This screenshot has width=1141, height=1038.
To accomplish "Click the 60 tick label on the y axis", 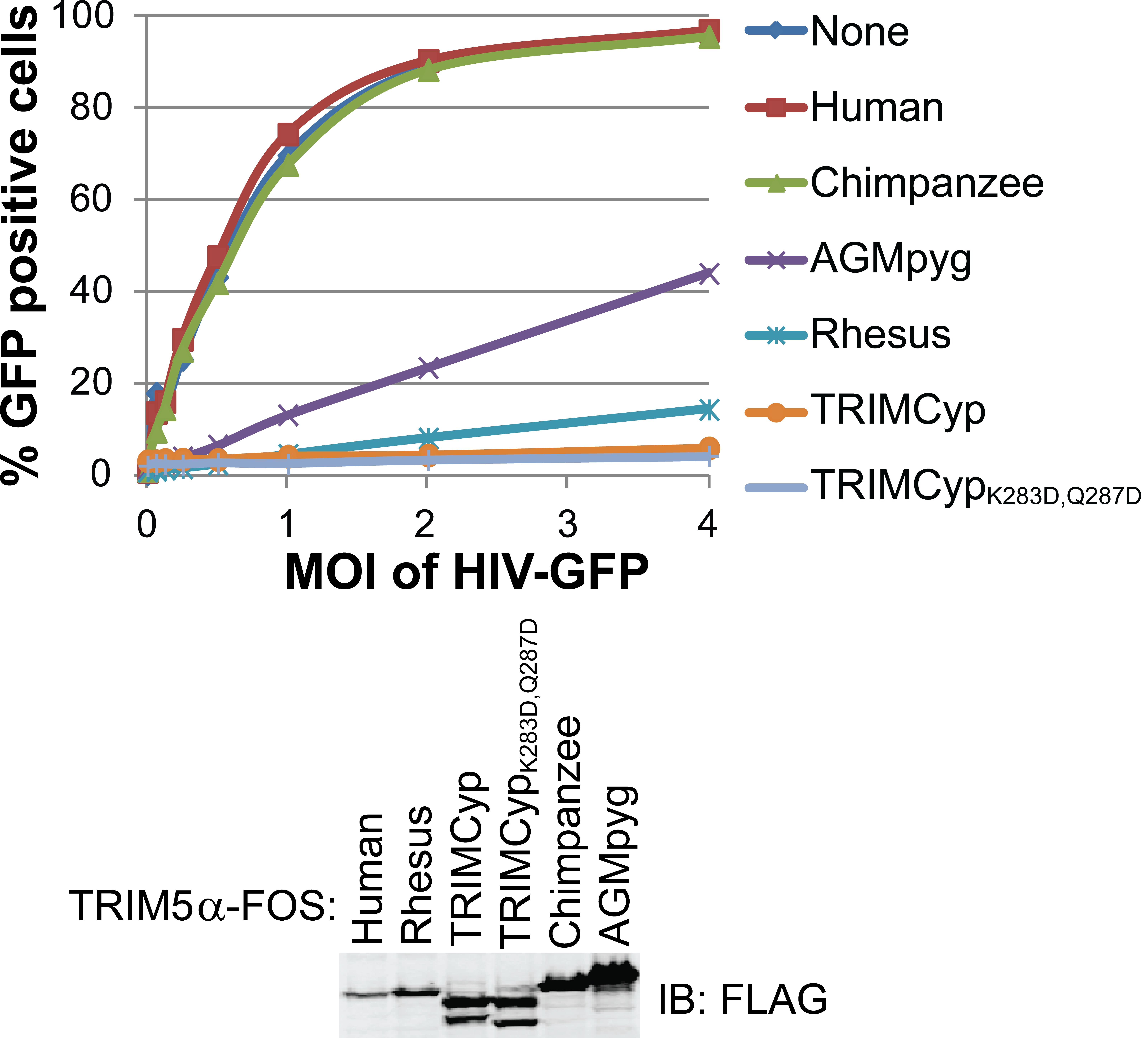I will [x=91, y=200].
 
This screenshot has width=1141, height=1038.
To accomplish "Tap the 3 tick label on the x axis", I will [x=567, y=524].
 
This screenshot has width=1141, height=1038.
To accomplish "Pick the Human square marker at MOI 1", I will [x=288, y=134].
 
